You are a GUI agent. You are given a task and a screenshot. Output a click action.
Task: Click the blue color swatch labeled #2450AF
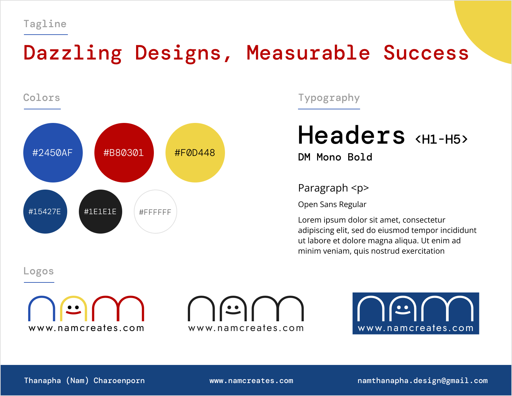point(53,153)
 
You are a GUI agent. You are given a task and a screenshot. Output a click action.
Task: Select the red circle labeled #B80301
point(124,153)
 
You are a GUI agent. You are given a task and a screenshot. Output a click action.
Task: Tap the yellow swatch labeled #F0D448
point(195,153)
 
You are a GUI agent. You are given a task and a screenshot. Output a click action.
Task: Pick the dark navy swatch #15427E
point(45,212)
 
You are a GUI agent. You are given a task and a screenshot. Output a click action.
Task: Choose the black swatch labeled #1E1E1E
point(101,212)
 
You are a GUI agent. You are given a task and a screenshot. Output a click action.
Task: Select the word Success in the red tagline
point(426,53)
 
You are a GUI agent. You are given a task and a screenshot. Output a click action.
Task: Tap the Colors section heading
point(42,98)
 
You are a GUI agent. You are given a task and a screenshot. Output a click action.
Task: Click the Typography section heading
point(329,98)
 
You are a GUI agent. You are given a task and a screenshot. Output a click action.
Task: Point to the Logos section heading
point(39,271)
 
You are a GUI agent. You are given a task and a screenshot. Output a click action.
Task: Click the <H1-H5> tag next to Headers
point(441,139)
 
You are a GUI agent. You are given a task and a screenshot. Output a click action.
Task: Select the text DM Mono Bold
point(335,157)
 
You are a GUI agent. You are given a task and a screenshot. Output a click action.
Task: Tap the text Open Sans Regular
point(332,204)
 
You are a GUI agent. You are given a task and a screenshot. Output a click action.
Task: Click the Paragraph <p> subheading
point(333,188)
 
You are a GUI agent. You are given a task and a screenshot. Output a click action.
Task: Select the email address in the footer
point(422,381)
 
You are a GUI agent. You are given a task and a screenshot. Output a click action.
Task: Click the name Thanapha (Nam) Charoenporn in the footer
point(84,380)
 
